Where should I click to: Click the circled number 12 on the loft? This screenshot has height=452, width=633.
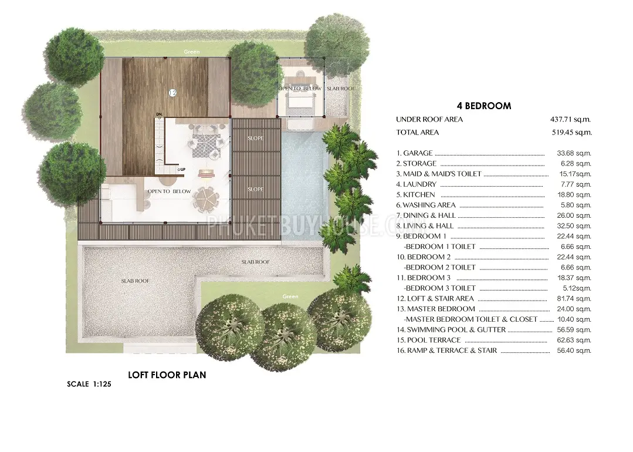coord(172,93)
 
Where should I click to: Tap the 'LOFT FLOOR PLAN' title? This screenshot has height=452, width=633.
coord(167,375)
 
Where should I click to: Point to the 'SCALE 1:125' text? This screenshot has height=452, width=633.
coord(89,384)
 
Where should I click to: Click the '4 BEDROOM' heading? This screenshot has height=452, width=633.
coord(484,106)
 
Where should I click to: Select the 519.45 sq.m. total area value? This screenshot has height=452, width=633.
coord(571,133)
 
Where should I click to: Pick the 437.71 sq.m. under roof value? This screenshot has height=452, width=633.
coord(570,120)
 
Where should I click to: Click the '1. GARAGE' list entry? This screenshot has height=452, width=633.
coord(414,153)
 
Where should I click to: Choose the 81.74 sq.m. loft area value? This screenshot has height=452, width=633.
coord(574,299)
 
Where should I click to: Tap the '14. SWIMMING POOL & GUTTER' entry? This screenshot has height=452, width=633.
coord(451,330)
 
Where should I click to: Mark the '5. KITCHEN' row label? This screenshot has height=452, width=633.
coord(415,195)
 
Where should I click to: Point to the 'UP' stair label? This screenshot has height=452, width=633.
coord(182,169)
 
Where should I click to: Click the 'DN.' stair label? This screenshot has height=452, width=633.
coord(160,114)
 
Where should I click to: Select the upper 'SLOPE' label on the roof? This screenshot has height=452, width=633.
coord(255,138)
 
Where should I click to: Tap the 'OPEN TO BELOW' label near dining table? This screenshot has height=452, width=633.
coord(169,191)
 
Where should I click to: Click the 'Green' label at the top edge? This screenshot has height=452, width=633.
coord(191,52)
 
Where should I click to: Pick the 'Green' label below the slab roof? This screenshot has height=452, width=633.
coord(290,296)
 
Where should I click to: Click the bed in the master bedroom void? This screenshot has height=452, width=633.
coord(300,95)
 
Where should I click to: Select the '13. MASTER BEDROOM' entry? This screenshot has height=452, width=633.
coord(436,309)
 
